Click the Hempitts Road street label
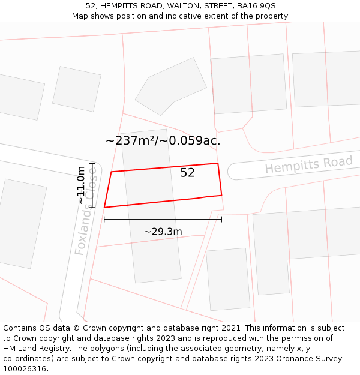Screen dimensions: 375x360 (x=308, y=164)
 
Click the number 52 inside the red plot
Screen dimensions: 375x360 (x=188, y=173)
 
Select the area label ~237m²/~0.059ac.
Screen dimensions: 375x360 (x=163, y=141)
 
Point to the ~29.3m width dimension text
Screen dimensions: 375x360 (x=163, y=231)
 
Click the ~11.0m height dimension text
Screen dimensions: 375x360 (x=81, y=185)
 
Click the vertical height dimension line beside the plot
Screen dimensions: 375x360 (x=92, y=185)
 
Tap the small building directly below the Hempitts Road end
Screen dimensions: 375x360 (x=228, y=280)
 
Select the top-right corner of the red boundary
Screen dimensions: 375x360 (x=217, y=163)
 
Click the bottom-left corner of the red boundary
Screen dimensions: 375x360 (x=104, y=208)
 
